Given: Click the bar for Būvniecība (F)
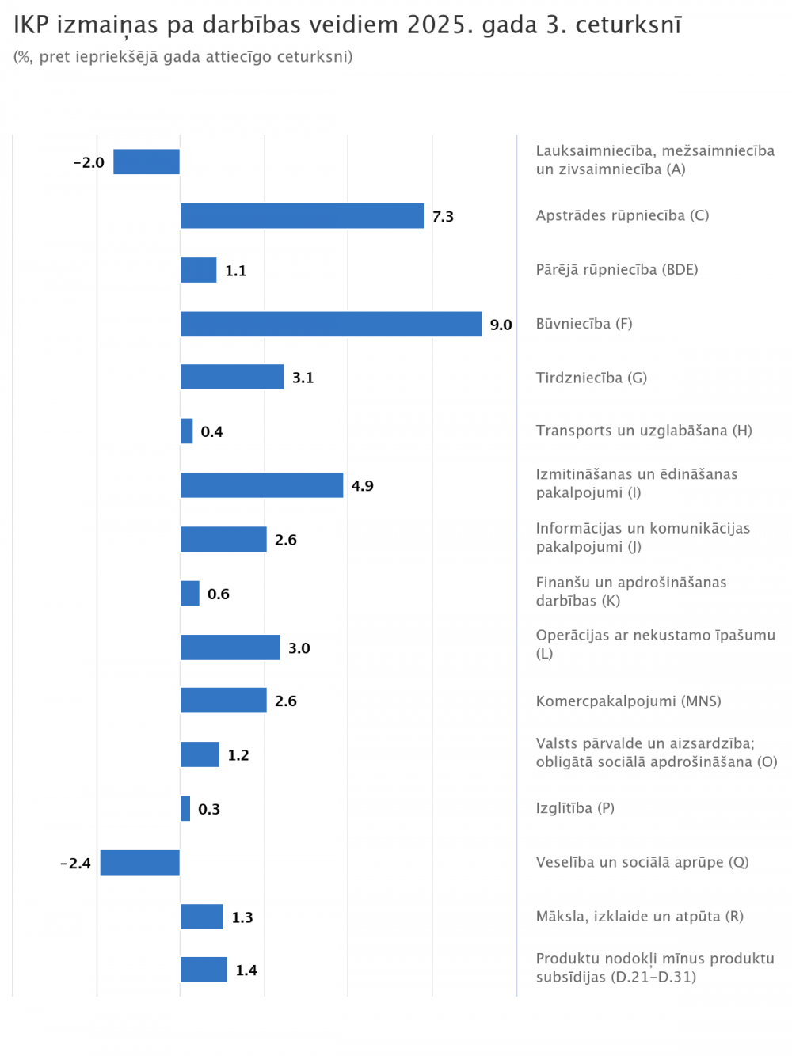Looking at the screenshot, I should coord(331,325).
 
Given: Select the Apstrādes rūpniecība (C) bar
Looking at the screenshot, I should coord(302,216).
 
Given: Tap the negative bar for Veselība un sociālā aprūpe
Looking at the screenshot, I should coord(140,863).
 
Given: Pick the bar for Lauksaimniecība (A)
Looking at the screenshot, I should coord(147,161).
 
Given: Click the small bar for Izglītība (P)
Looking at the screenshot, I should coord(185,809).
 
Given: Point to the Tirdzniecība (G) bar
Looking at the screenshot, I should coord(232,378).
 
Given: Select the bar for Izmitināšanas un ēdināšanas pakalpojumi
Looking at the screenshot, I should coord(261,485).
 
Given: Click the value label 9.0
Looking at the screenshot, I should coord(501,325).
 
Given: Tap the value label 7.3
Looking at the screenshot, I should coord(443,217).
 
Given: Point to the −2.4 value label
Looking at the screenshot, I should coord(76,864).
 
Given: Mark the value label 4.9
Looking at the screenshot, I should coord(362,486).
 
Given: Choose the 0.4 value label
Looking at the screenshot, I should coord(211,432).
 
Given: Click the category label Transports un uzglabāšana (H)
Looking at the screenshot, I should coord(644,431).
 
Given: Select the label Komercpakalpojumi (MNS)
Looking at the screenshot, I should coord(628,701).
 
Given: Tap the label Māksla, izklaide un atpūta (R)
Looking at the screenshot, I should coord(639,917).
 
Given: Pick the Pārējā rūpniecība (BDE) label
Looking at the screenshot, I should coord(617,270).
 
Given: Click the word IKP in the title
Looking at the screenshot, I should coord(32,25).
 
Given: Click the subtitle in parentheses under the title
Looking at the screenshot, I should coord(183,57).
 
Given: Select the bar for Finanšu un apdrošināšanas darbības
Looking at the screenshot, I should coord(190,594).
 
